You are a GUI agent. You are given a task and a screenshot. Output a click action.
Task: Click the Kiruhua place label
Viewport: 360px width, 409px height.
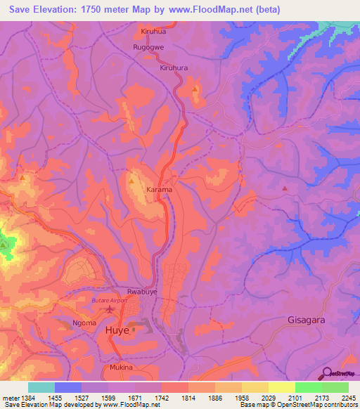click(154, 32)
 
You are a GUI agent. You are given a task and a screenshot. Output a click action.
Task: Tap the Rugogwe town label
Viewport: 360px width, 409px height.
click(149, 47)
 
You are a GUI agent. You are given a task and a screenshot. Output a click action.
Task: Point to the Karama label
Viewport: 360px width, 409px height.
click(160, 190)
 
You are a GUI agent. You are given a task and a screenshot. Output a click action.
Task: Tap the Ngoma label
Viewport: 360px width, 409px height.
click(85, 324)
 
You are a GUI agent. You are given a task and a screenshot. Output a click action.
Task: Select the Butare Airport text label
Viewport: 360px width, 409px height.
click(110, 301)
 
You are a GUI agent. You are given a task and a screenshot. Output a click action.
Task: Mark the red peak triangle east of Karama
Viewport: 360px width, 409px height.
click(285, 188)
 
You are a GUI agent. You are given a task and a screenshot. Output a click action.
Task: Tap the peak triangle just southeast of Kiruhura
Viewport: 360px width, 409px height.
click(195, 89)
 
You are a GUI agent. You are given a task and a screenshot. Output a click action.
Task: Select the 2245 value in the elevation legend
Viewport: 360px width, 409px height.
click(349, 398)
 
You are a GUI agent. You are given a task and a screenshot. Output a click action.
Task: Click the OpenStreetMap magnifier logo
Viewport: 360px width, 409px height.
click(326, 372)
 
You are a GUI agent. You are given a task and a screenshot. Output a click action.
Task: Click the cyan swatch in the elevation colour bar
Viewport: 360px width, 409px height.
click(41, 387)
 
